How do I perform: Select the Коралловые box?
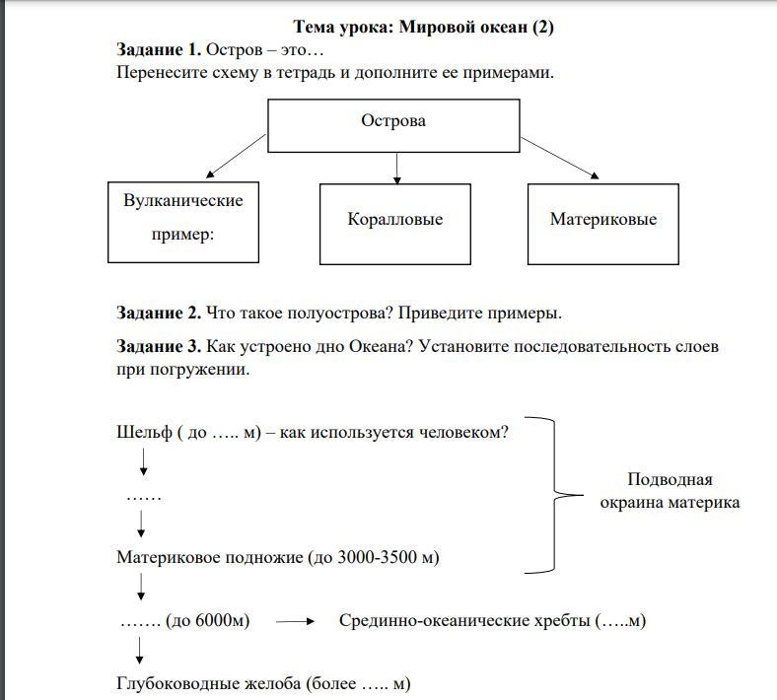pyautogui.click(x=394, y=223)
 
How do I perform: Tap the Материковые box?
pyautogui.click(x=602, y=223)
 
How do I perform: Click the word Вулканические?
pyautogui.click(x=183, y=200)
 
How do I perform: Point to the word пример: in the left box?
pyautogui.click(x=182, y=236)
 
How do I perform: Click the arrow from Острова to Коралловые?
pyautogui.click(x=396, y=168)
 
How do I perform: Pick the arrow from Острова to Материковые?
pyautogui.click(x=559, y=158)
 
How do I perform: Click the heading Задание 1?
pyautogui.click(x=159, y=49)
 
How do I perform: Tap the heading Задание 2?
pyautogui.click(x=159, y=314)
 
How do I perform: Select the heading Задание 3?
pyautogui.click(x=159, y=347)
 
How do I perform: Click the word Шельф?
pyautogui.click(x=144, y=432)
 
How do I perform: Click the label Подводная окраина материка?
pyautogui.click(x=670, y=491)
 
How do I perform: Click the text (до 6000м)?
pyautogui.click(x=208, y=621)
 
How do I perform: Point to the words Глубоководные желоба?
pyautogui.click(x=208, y=683)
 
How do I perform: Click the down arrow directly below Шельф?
pyautogui.click(x=144, y=461)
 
